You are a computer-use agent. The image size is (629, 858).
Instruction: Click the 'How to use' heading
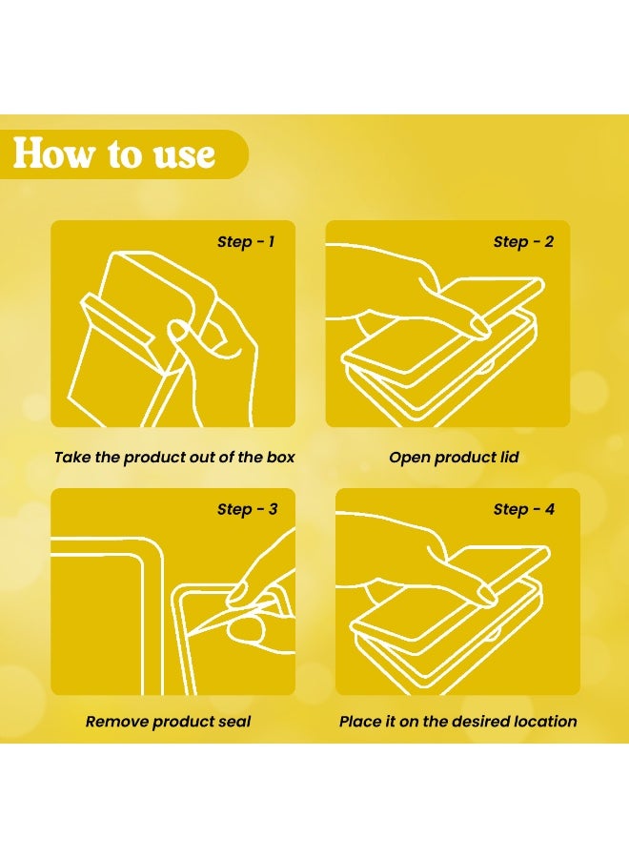coord(113,153)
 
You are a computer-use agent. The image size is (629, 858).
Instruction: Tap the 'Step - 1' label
coord(246,241)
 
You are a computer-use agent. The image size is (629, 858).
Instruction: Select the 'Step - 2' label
coord(523,241)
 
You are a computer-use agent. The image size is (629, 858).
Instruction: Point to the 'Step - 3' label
coord(247,509)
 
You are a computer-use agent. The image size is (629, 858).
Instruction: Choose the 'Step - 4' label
coord(524,509)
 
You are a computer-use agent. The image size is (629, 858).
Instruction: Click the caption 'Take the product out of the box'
coord(174,457)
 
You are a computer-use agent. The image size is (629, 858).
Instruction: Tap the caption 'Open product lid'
coord(454,457)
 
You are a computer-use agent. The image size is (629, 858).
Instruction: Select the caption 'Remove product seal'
coord(168,722)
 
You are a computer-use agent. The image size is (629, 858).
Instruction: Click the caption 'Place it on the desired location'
coord(457,722)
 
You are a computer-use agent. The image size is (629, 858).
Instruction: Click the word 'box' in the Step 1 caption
coord(280,457)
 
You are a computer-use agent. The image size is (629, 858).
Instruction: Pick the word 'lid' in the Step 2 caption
coord(509,457)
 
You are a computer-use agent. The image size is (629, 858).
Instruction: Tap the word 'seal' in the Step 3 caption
coord(234,722)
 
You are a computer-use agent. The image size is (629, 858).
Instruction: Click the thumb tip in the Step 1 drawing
coord(177,330)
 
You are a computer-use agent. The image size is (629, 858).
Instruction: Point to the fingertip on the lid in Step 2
coord(481,326)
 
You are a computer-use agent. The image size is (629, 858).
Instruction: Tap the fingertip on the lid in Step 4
coord(487,593)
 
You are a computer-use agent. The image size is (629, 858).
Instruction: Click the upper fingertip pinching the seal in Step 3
coord(238,593)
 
